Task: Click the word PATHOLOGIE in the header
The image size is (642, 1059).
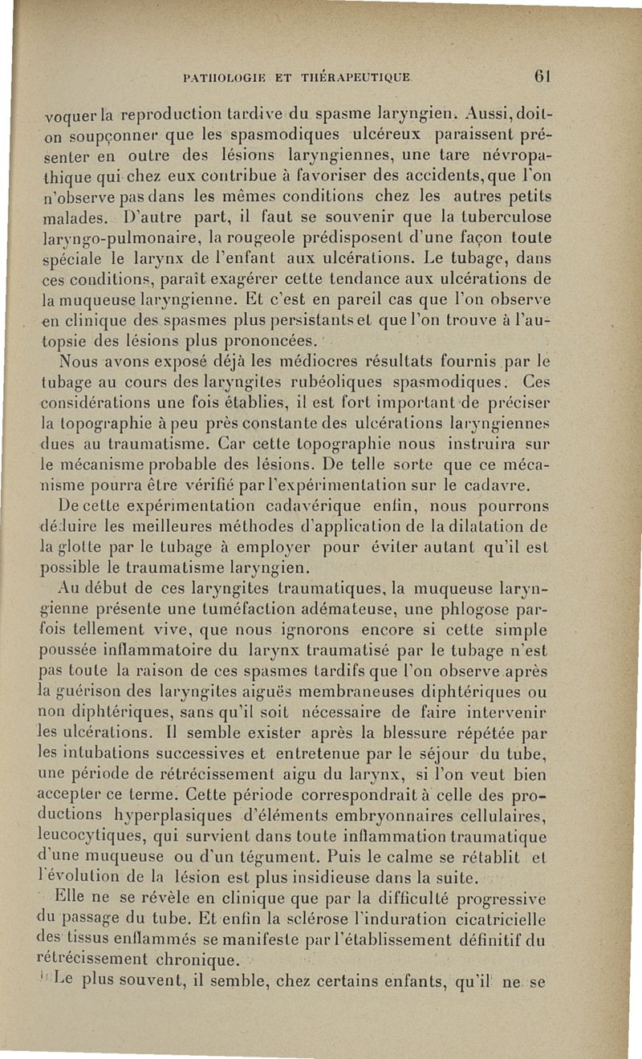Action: point(217,79)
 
